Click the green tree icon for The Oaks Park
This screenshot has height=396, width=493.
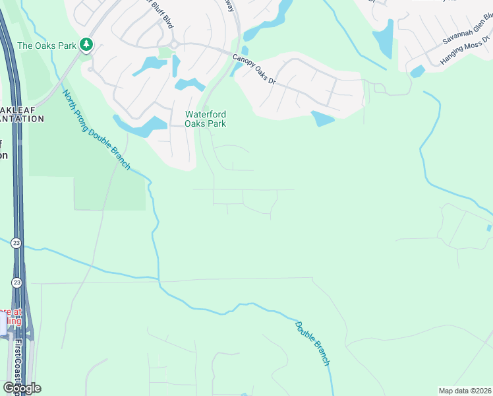[x=86, y=45]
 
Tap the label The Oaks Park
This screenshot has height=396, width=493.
[x=46, y=46]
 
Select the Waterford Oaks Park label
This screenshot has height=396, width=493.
[x=206, y=119]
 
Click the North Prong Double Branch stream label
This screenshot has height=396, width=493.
[x=97, y=129]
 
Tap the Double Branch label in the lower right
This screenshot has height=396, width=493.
[x=312, y=343]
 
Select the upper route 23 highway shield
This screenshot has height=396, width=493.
[x=16, y=244]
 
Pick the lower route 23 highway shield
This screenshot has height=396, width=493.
[x=16, y=282]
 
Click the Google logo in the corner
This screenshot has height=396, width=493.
[x=21, y=388]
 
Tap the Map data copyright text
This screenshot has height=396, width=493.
[x=465, y=391]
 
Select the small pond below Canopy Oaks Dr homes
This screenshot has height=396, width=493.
[x=322, y=119]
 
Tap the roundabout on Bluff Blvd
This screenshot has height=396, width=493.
[x=174, y=44]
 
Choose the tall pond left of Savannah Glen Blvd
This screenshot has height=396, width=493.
[x=383, y=40]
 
